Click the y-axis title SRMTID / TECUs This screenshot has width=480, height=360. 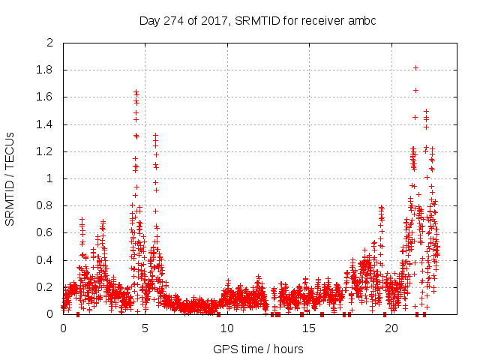tap(10, 179)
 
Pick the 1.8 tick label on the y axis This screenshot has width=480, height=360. tap(46, 70)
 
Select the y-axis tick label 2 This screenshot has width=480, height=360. tap(50, 43)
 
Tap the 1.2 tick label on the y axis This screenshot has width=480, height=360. tap(46, 151)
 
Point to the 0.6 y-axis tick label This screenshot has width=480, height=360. tap(46, 233)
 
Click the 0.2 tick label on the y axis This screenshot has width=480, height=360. tap(46, 287)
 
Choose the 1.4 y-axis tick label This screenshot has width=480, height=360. tap(46, 124)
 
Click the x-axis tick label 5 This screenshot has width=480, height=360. tap(145, 328)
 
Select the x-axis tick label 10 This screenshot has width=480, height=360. tap(227, 328)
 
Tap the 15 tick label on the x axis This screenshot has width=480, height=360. tap(309, 328)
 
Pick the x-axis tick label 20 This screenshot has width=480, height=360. tap(391, 328)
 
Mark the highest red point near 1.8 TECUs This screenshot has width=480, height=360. tap(415, 67)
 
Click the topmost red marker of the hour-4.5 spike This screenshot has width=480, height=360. tap(136, 91)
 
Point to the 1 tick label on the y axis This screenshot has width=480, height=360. tap(50, 178)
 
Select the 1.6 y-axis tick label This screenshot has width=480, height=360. tap(46, 97)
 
